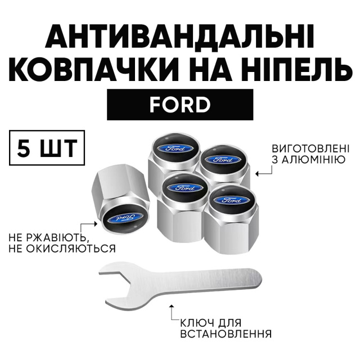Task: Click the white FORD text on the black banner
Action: [180, 105]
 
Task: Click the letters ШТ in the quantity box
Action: [58, 148]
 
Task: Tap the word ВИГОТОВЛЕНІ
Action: [310, 148]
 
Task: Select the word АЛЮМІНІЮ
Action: [314, 160]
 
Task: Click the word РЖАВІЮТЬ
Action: [58, 238]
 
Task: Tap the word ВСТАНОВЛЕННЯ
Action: [226, 334]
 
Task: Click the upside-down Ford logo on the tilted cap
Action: [124, 218]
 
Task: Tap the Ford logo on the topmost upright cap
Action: [175, 148]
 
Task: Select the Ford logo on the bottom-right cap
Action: [232, 200]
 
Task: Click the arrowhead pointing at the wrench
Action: [171, 307]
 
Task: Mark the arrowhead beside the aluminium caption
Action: [257, 174]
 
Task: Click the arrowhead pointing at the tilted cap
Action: [96, 224]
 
